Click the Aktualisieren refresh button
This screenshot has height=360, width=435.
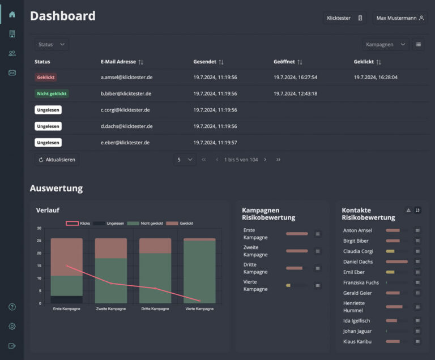[57, 160]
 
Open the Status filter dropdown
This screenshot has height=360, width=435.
[52, 44]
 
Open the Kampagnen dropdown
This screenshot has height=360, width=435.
[386, 44]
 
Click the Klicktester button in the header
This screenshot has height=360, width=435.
[344, 18]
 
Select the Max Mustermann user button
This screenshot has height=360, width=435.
[400, 18]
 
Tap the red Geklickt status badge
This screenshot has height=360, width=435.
[46, 77]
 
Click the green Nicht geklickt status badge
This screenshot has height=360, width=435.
[52, 93]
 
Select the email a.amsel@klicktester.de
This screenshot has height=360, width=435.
[126, 77]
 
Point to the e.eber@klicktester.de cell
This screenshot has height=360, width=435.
[125, 143]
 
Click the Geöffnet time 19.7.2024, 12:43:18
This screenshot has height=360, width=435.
[295, 93]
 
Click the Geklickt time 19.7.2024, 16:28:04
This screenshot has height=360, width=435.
[376, 77]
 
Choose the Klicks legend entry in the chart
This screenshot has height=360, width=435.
[79, 224]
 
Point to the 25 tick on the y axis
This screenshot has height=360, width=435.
[39, 241]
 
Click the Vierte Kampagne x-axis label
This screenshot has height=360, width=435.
[199, 309]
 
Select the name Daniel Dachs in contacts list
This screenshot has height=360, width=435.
[358, 262]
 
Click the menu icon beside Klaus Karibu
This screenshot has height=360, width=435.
[417, 342]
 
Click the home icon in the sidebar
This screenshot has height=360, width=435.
[12, 14]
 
